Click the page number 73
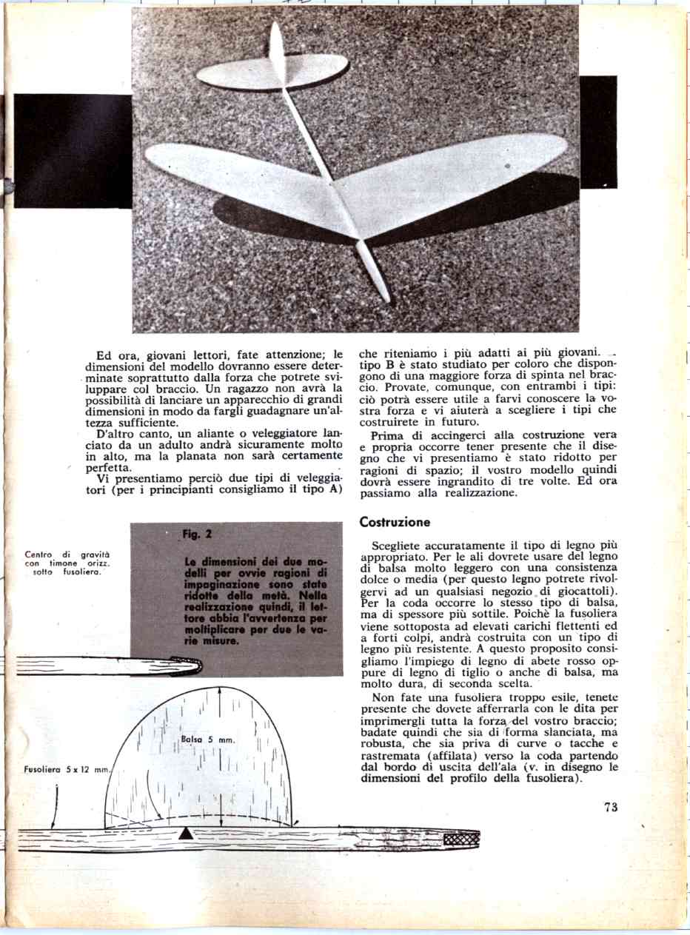pyautogui.click(x=610, y=808)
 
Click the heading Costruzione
pyautogui.click(x=395, y=523)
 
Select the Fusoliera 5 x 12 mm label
pyautogui.click(x=65, y=771)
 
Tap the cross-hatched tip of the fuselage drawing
pyautogui.click(x=461, y=839)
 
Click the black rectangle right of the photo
pyautogui.click(x=597, y=132)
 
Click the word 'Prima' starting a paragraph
pyautogui.click(x=385, y=435)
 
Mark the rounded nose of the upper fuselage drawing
pyautogui.click(x=194, y=666)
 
